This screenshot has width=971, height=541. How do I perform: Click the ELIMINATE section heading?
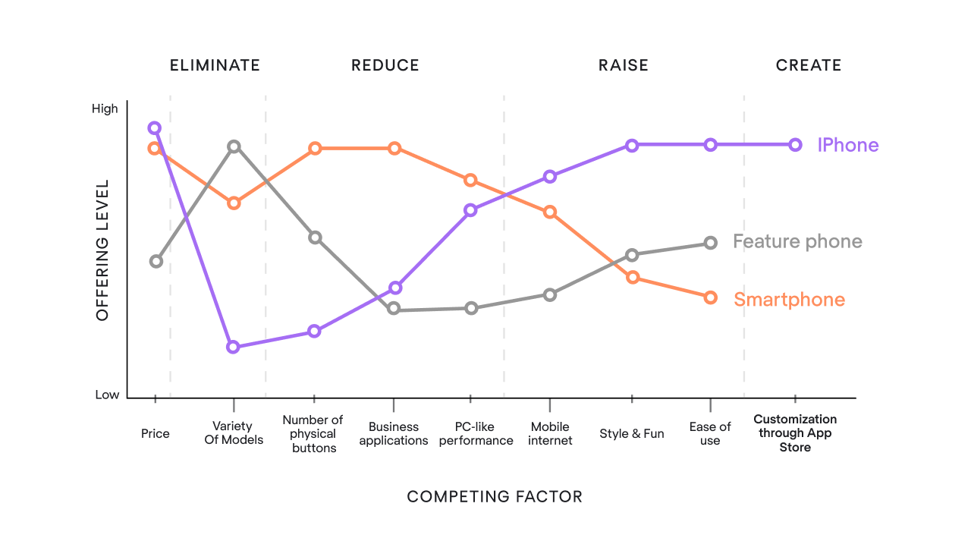pyautogui.click(x=215, y=65)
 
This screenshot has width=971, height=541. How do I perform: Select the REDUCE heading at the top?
pyautogui.click(x=385, y=65)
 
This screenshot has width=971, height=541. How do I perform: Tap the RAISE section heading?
pyautogui.click(x=624, y=65)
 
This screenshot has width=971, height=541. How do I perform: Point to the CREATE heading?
pyautogui.click(x=809, y=65)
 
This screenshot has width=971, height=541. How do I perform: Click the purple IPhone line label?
pyautogui.click(x=847, y=145)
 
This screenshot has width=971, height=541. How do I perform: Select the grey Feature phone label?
pyautogui.click(x=797, y=242)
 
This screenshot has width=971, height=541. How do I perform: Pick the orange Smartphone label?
pyautogui.click(x=789, y=300)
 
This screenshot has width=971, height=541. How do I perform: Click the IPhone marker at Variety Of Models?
pyautogui.click(x=234, y=347)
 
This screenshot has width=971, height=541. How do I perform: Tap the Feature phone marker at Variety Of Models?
pyautogui.click(x=234, y=146)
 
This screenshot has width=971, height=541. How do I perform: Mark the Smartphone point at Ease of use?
pyautogui.click(x=710, y=297)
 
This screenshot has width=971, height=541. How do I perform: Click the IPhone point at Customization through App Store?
pyautogui.click(x=795, y=145)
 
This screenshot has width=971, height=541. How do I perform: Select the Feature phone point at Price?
pyautogui.click(x=156, y=261)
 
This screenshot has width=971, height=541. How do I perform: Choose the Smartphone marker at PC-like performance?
pyautogui.click(x=470, y=180)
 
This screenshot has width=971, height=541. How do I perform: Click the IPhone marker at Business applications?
pyautogui.click(x=394, y=288)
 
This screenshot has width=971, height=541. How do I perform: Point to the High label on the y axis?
pyautogui.click(x=105, y=109)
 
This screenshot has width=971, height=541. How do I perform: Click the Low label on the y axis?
pyautogui.click(x=107, y=395)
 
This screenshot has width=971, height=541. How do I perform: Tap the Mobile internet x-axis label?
pyautogui.click(x=550, y=434)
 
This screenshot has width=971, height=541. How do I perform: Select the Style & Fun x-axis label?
pyautogui.click(x=631, y=434)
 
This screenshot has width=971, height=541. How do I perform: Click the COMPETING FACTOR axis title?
pyautogui.click(x=495, y=497)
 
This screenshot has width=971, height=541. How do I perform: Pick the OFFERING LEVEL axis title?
pyautogui.click(x=102, y=250)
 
